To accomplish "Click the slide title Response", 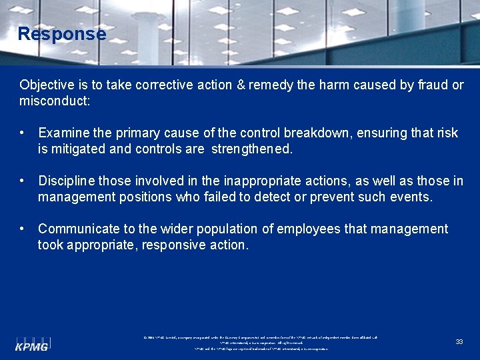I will pyautogui.click(x=61, y=34).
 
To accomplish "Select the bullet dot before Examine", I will pyautogui.click(x=23, y=133).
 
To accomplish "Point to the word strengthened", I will pyautogui.click(x=251, y=149).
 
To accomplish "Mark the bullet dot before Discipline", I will pyautogui.click(x=23, y=181).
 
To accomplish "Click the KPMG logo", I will pyautogui.click(x=33, y=344).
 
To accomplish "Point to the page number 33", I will pyautogui.click(x=459, y=341).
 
